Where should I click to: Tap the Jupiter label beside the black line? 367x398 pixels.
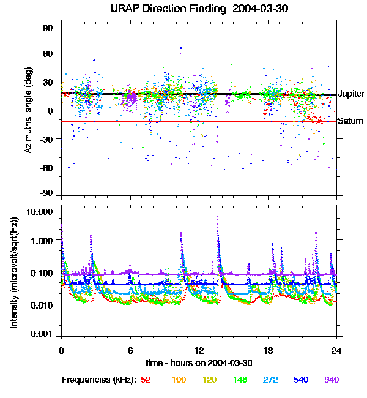click(x=351, y=94)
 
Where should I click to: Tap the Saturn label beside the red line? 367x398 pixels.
click(x=350, y=121)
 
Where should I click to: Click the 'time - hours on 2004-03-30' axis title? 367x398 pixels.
click(x=199, y=362)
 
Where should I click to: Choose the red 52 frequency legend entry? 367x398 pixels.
click(x=146, y=380)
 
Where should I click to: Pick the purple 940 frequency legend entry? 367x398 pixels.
click(x=331, y=380)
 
